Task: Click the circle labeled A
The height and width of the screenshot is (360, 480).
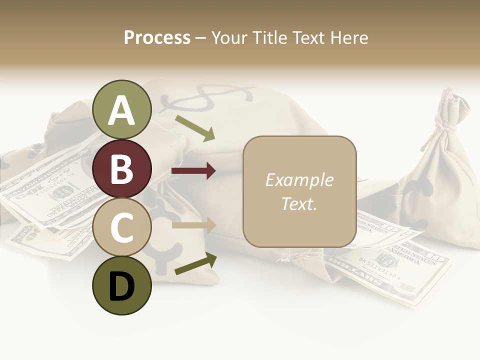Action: click(x=122, y=109)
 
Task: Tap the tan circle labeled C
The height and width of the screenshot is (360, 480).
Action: click(x=122, y=227)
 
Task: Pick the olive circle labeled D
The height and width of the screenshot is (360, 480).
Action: click(x=122, y=285)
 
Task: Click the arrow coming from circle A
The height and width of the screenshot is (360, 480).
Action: click(x=195, y=128)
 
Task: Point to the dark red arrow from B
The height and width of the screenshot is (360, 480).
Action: click(x=193, y=171)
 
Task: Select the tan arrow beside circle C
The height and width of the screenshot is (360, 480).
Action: click(x=193, y=225)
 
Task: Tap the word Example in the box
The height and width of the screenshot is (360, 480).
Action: click(x=299, y=180)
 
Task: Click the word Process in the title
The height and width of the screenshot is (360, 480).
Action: click(x=157, y=37)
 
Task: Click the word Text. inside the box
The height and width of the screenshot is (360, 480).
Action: click(x=299, y=204)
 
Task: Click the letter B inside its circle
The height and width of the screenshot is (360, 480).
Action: click(x=122, y=168)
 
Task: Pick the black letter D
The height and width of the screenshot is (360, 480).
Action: click(x=122, y=286)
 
